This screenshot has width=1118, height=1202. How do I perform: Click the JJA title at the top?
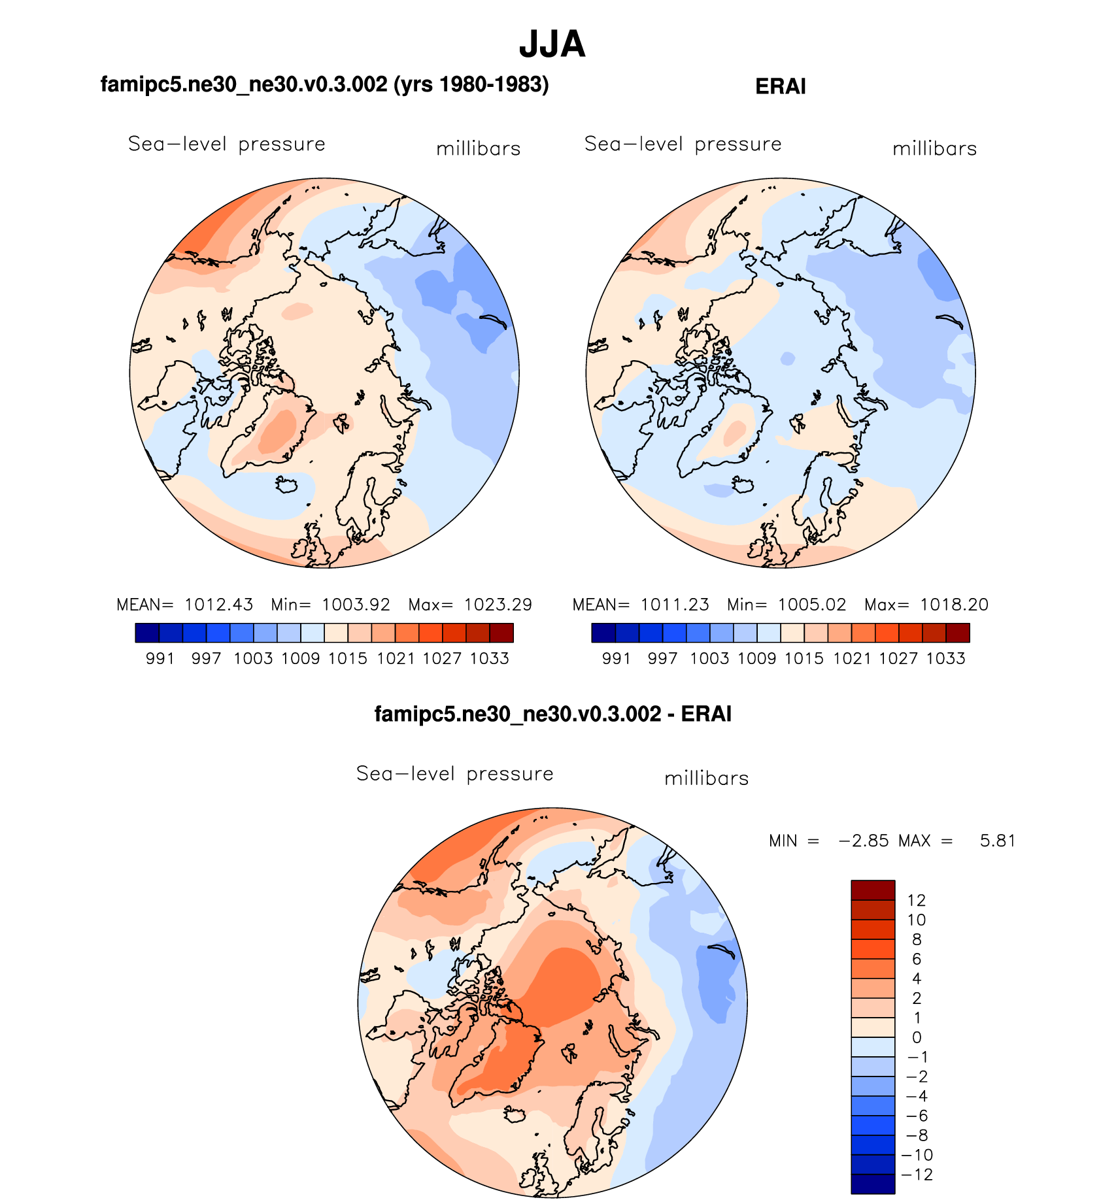coord(552,44)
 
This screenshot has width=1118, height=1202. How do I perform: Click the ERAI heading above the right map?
coord(780,86)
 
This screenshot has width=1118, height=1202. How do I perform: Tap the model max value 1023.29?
coord(498,605)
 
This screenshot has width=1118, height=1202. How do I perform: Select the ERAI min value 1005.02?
coord(811,605)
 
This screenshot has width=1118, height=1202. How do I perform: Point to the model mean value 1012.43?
coord(218,605)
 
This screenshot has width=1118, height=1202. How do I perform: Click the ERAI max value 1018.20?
coord(954,605)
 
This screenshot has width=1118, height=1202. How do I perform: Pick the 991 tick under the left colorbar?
coord(160,658)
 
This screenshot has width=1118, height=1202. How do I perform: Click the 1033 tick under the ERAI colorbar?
coord(945,658)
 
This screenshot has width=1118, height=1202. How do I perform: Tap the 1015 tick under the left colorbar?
coord(347,658)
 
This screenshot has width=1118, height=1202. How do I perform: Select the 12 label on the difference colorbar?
coord(916,900)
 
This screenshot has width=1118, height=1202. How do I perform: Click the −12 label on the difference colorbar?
coord(917,1175)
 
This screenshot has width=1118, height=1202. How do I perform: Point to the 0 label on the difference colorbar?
coord(917,1037)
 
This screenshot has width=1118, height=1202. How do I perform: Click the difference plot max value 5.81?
coord(998,841)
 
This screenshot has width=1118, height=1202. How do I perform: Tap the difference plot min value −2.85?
coord(863,841)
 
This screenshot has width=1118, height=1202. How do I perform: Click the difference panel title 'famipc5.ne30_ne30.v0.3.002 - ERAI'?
coord(552,714)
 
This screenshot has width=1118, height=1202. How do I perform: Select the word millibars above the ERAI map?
coord(934,149)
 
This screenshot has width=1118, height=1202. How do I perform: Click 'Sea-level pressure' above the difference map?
coord(454,774)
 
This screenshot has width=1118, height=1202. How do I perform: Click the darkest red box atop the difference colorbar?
coord(872,890)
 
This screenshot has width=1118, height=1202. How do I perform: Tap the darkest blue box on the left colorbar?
coord(147,633)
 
